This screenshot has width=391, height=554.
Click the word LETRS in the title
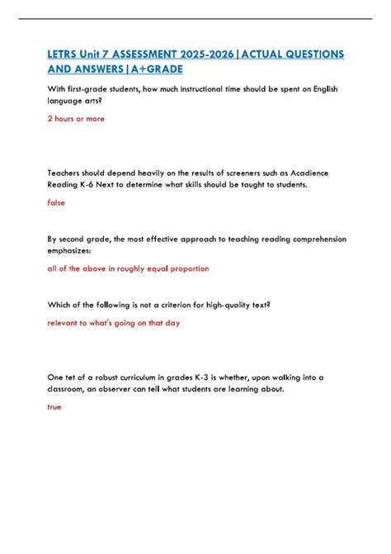[x=64, y=54]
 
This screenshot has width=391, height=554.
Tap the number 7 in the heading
[x=109, y=54]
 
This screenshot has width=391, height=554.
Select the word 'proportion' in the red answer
[x=186, y=268]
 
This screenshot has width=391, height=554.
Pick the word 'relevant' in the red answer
[x=66, y=323]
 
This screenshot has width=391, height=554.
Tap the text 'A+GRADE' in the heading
[x=152, y=69]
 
